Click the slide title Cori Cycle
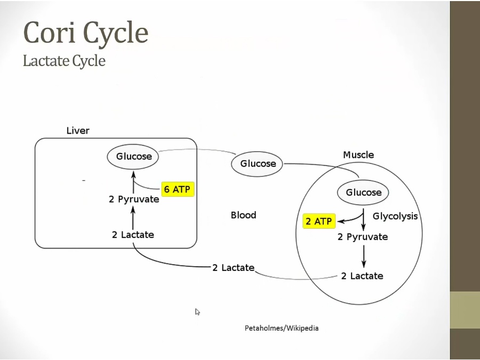pyautogui.click(x=85, y=33)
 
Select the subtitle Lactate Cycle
pyautogui.click(x=64, y=61)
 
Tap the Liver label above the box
pyautogui.click(x=78, y=131)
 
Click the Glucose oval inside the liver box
pyautogui.click(x=134, y=156)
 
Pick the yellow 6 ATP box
pyautogui.click(x=177, y=189)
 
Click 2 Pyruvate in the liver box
pyautogui.click(x=134, y=199)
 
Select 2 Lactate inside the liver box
pyautogui.click(x=133, y=235)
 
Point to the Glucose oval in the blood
pyautogui.click(x=258, y=164)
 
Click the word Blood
pyautogui.click(x=243, y=215)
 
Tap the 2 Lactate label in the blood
pyautogui.click(x=233, y=268)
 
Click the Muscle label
pyautogui.click(x=358, y=155)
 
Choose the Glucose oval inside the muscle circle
pyautogui.click(x=364, y=193)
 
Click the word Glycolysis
pyautogui.click(x=395, y=216)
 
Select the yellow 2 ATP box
pyautogui.click(x=319, y=221)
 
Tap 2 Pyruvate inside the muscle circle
pyautogui.click(x=363, y=237)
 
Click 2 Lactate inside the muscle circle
pyautogui.click(x=362, y=276)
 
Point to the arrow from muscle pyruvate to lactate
pyautogui.click(x=364, y=256)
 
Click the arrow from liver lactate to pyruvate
pyautogui.click(x=133, y=218)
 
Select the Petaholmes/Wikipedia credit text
pyautogui.click(x=282, y=328)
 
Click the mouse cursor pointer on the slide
pyautogui.click(x=197, y=312)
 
